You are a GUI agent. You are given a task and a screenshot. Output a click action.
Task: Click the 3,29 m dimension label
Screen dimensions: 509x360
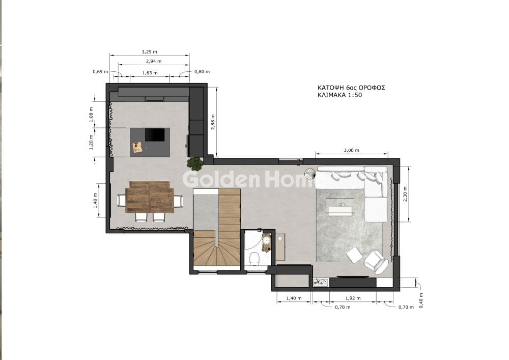[149, 51]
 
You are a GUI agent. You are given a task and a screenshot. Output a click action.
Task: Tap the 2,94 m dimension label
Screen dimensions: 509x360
[154, 61]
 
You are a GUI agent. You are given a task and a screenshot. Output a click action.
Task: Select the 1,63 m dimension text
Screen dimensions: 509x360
[150, 73]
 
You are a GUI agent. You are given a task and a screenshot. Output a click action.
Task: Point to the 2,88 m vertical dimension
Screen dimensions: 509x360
[213, 122]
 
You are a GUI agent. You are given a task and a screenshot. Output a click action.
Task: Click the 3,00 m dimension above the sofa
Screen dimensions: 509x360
[352, 150]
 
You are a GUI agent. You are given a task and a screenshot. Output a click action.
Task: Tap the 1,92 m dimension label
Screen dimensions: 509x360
[353, 298]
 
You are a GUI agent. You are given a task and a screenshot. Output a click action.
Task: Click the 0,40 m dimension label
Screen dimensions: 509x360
[421, 300]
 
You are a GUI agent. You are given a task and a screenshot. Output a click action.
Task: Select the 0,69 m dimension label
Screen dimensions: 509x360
[100, 71]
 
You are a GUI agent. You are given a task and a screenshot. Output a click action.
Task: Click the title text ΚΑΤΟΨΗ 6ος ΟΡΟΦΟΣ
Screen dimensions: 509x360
[351, 88]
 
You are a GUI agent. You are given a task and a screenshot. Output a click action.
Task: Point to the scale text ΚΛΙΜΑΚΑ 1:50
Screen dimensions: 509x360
[340, 95]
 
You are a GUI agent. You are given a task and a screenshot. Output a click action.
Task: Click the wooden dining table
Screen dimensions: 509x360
[150, 197]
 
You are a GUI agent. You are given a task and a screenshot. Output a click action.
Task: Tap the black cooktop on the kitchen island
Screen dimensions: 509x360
[155, 134]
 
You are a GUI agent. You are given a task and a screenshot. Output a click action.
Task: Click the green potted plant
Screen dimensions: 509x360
[195, 163]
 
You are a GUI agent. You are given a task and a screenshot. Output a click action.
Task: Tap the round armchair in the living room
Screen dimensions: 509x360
[376, 261]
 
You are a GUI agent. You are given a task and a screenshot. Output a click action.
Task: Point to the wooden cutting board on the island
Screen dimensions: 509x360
[137, 147]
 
